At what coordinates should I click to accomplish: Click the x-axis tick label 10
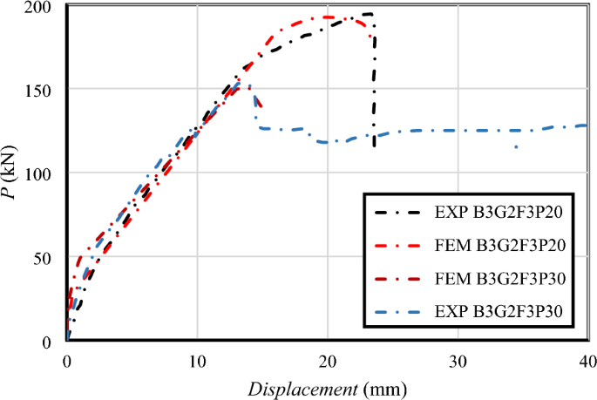point(197,360)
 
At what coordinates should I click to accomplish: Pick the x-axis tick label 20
point(327,360)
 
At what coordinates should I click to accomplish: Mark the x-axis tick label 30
point(457,360)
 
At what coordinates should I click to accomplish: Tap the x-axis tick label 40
point(586,360)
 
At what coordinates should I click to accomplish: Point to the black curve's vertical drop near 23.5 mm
point(375,87)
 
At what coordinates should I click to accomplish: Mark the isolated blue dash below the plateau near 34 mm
point(516,146)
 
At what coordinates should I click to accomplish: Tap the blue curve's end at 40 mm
point(584,125)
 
